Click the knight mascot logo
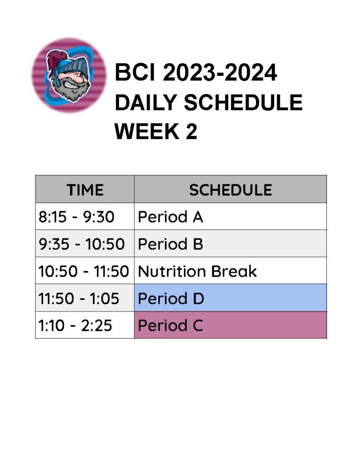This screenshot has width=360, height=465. (69, 75)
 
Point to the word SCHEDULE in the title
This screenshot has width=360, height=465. (243, 103)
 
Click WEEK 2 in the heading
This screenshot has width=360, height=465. (156, 132)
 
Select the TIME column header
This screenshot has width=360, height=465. (85, 189)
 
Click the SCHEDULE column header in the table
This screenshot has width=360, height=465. (230, 189)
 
